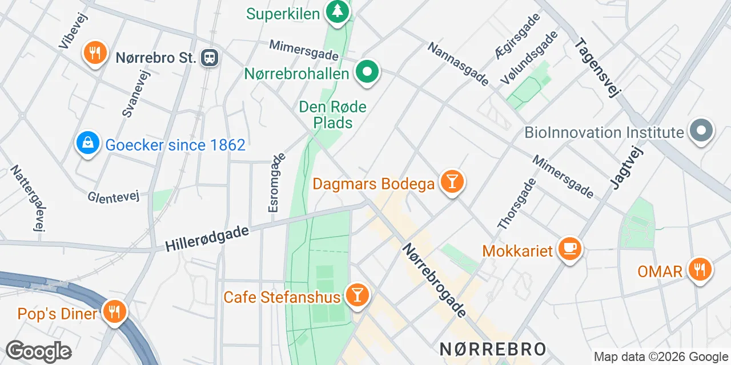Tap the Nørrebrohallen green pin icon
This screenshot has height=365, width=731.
pos(368,72)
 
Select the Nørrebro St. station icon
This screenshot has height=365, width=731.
pos(210,57)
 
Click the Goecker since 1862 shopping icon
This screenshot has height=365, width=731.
pos(88,143)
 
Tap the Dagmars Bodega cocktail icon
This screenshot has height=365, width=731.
pos(452,182)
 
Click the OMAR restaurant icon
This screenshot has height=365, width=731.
pos(699,269)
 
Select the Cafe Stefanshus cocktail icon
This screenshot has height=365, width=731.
pos(358,295)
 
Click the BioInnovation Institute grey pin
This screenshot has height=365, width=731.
pos(701,131)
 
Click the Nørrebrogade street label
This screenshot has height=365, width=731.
pos(434,280)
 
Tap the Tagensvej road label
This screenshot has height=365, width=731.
pos(597,67)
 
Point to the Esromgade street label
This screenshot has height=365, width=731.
pos(276,183)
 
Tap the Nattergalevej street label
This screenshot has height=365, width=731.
pos(27,198)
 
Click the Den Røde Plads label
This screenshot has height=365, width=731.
pos(332,114)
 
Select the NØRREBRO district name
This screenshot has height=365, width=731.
pos(492,348)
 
